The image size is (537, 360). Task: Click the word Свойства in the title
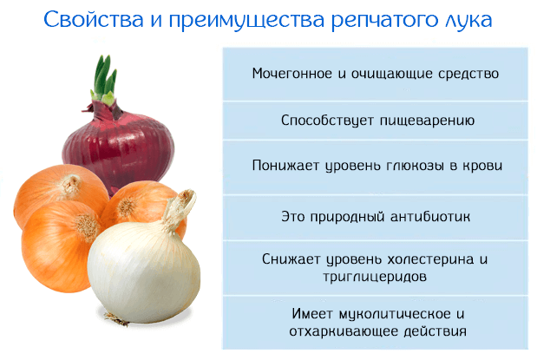click(93, 19)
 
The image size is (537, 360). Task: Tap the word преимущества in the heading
click(246, 21)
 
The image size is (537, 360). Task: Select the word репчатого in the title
click(384, 21)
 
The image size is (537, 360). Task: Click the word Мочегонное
click(292, 74)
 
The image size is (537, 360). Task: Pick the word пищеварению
click(428, 121)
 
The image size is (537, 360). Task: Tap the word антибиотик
click(430, 217)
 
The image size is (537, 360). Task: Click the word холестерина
click(430, 259)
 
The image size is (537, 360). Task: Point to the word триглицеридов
click(375, 277)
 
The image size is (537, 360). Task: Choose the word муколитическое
click(395, 314)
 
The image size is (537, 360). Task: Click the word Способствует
click(327, 121)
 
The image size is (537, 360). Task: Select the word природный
click(347, 217)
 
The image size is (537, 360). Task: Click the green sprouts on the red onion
click(104, 81)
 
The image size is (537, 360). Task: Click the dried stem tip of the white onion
click(187, 197)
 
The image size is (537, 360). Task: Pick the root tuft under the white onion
click(116, 318)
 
